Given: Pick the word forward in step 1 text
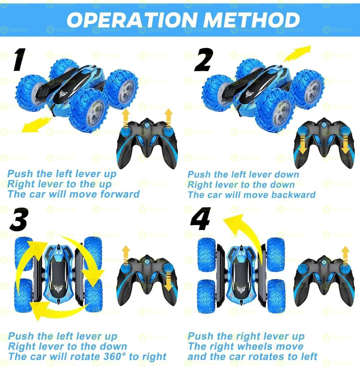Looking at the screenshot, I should tap(120, 194).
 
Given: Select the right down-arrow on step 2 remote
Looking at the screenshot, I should tap(345, 145).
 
